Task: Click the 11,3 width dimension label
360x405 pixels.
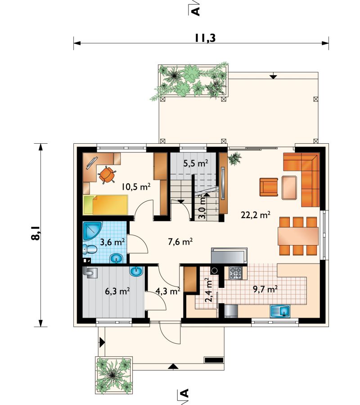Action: point(205,38)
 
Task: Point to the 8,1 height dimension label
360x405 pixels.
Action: point(36,233)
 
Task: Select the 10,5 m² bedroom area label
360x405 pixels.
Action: point(136,186)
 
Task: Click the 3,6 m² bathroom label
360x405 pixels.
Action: point(112,242)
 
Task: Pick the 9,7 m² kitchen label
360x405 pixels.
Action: point(265,289)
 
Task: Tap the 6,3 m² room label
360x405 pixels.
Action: point(117,291)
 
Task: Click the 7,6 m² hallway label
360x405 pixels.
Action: point(180,242)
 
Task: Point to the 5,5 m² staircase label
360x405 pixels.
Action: point(196,163)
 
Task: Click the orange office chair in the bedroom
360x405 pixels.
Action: point(107,175)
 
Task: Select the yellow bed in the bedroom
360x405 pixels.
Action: point(106,205)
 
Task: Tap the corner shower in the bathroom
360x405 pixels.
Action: point(93,230)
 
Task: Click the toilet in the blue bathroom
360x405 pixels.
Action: point(90,250)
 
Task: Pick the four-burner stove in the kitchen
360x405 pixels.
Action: point(236,273)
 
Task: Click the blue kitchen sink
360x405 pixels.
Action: point(280,311)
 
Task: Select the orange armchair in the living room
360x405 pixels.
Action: point(269,187)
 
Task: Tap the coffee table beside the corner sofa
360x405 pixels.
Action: point(289,187)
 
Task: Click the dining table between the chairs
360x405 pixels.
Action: point(298,236)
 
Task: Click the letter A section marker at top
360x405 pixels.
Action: point(196,11)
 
